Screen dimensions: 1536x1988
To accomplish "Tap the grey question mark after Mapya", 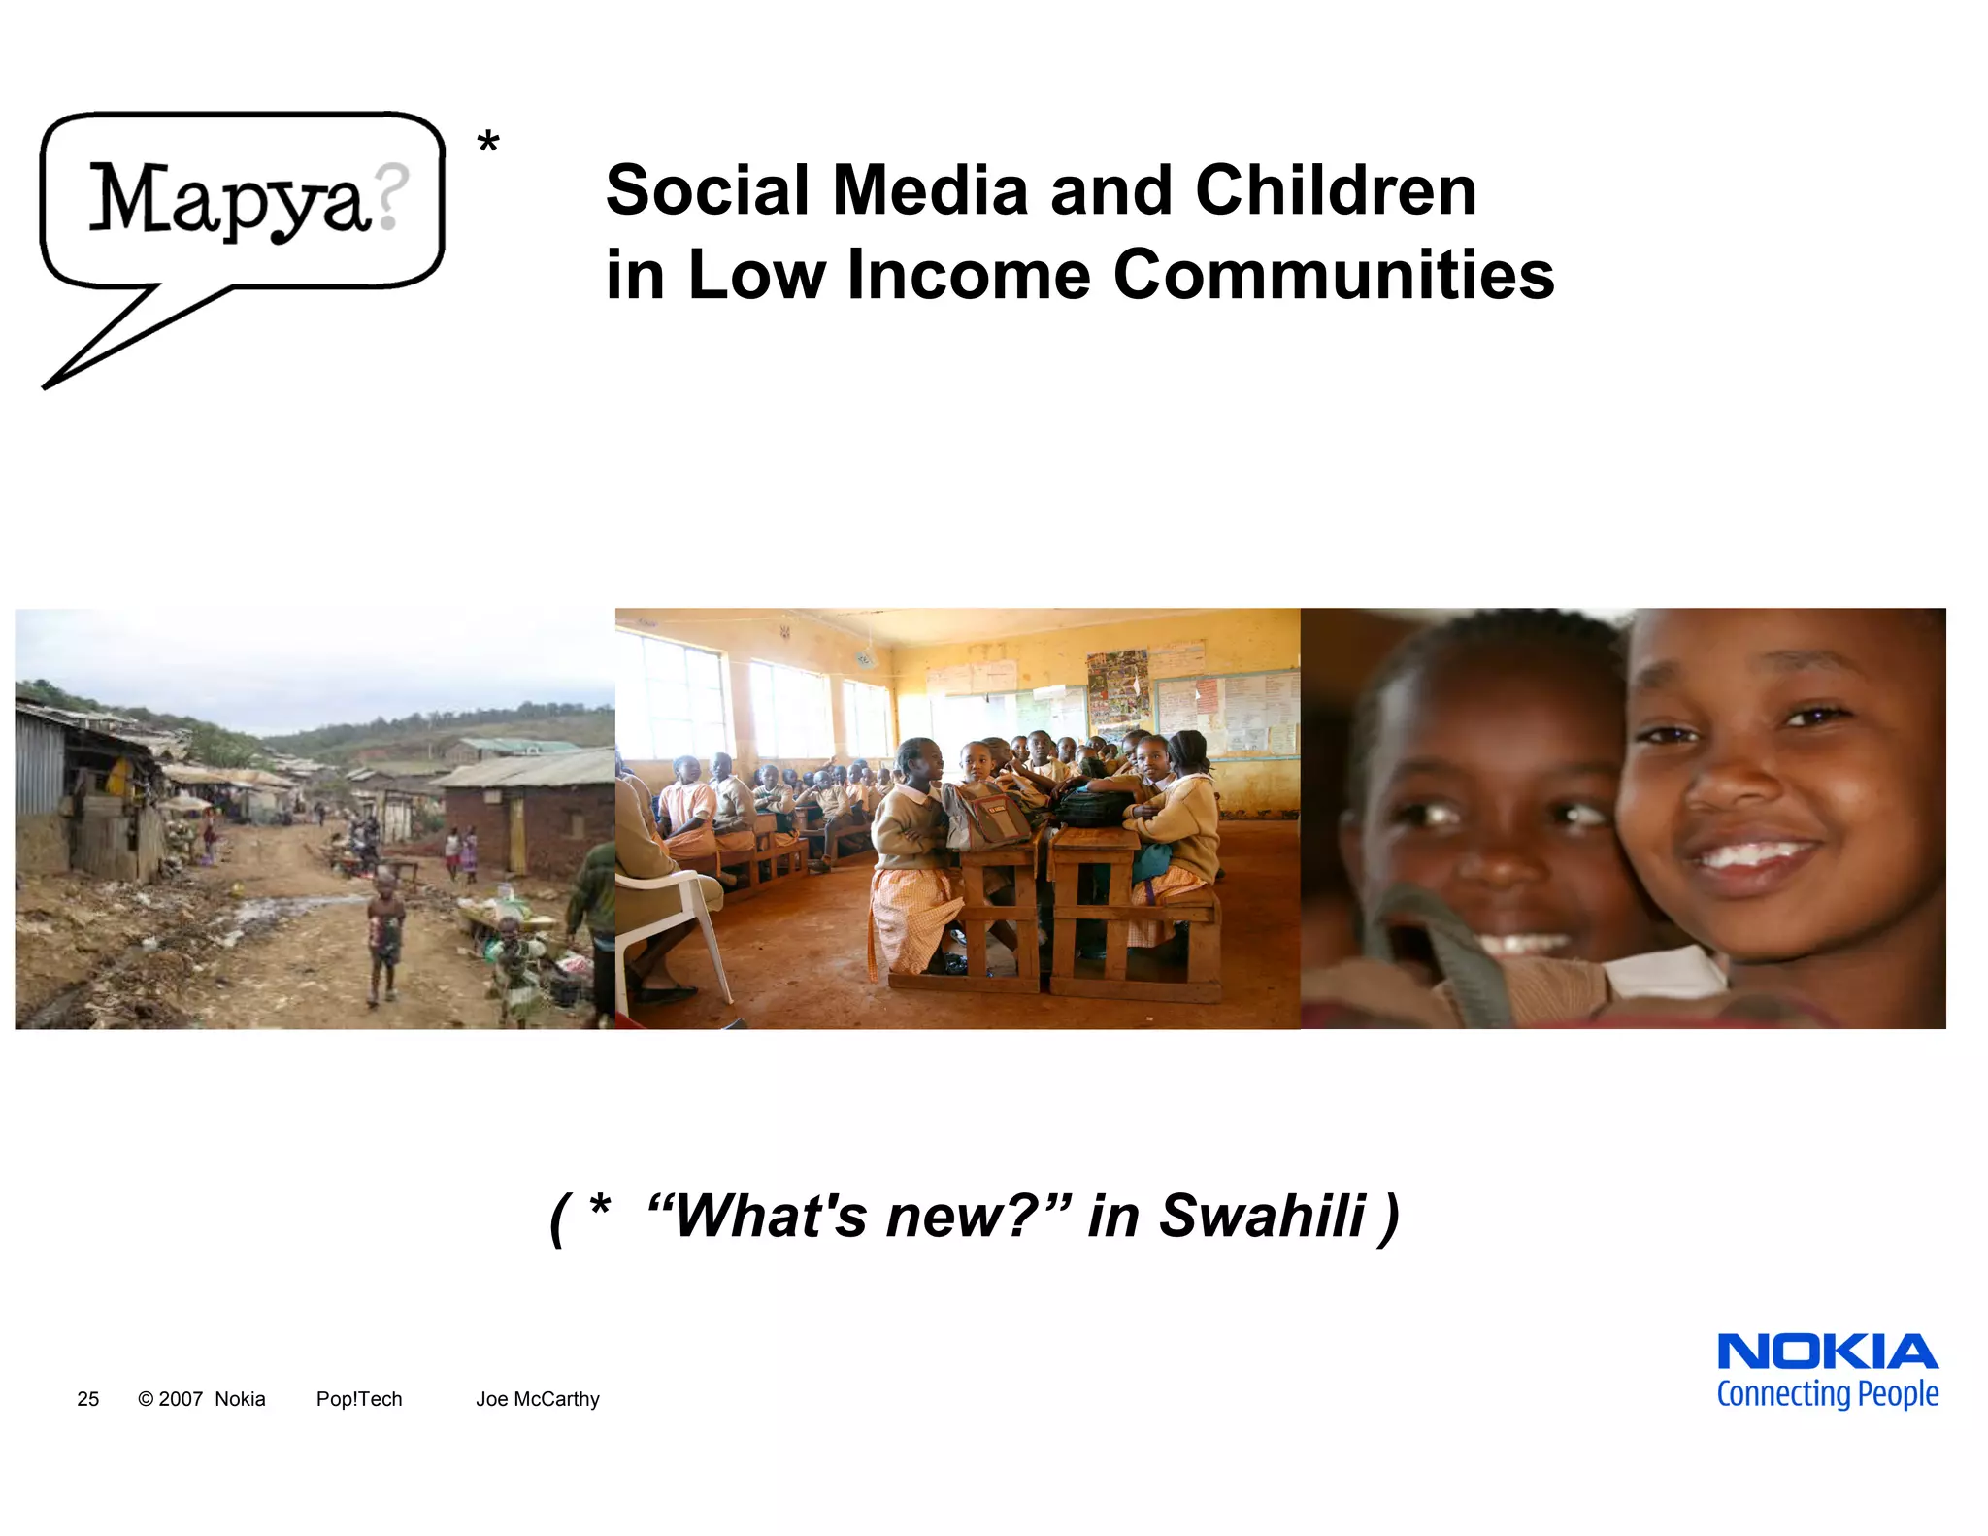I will pyautogui.click(x=391, y=196).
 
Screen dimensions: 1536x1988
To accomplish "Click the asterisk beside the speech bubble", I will pyautogui.click(x=488, y=144).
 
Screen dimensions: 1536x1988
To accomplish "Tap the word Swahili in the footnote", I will pyautogui.click(x=1262, y=1216).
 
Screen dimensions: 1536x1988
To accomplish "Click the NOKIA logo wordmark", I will pyautogui.click(x=1827, y=1352).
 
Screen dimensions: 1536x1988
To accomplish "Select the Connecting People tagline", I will pyautogui.click(x=1827, y=1394).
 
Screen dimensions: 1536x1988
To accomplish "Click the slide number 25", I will pyautogui.click(x=87, y=1399).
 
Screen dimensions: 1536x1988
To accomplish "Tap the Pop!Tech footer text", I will pyautogui.click(x=358, y=1399).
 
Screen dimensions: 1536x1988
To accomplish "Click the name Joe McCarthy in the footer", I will pyautogui.click(x=537, y=1399).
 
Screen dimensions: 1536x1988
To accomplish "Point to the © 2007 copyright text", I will pyautogui.click(x=170, y=1399).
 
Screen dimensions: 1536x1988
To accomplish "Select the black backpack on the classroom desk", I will pyautogui.click(x=1095, y=806).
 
